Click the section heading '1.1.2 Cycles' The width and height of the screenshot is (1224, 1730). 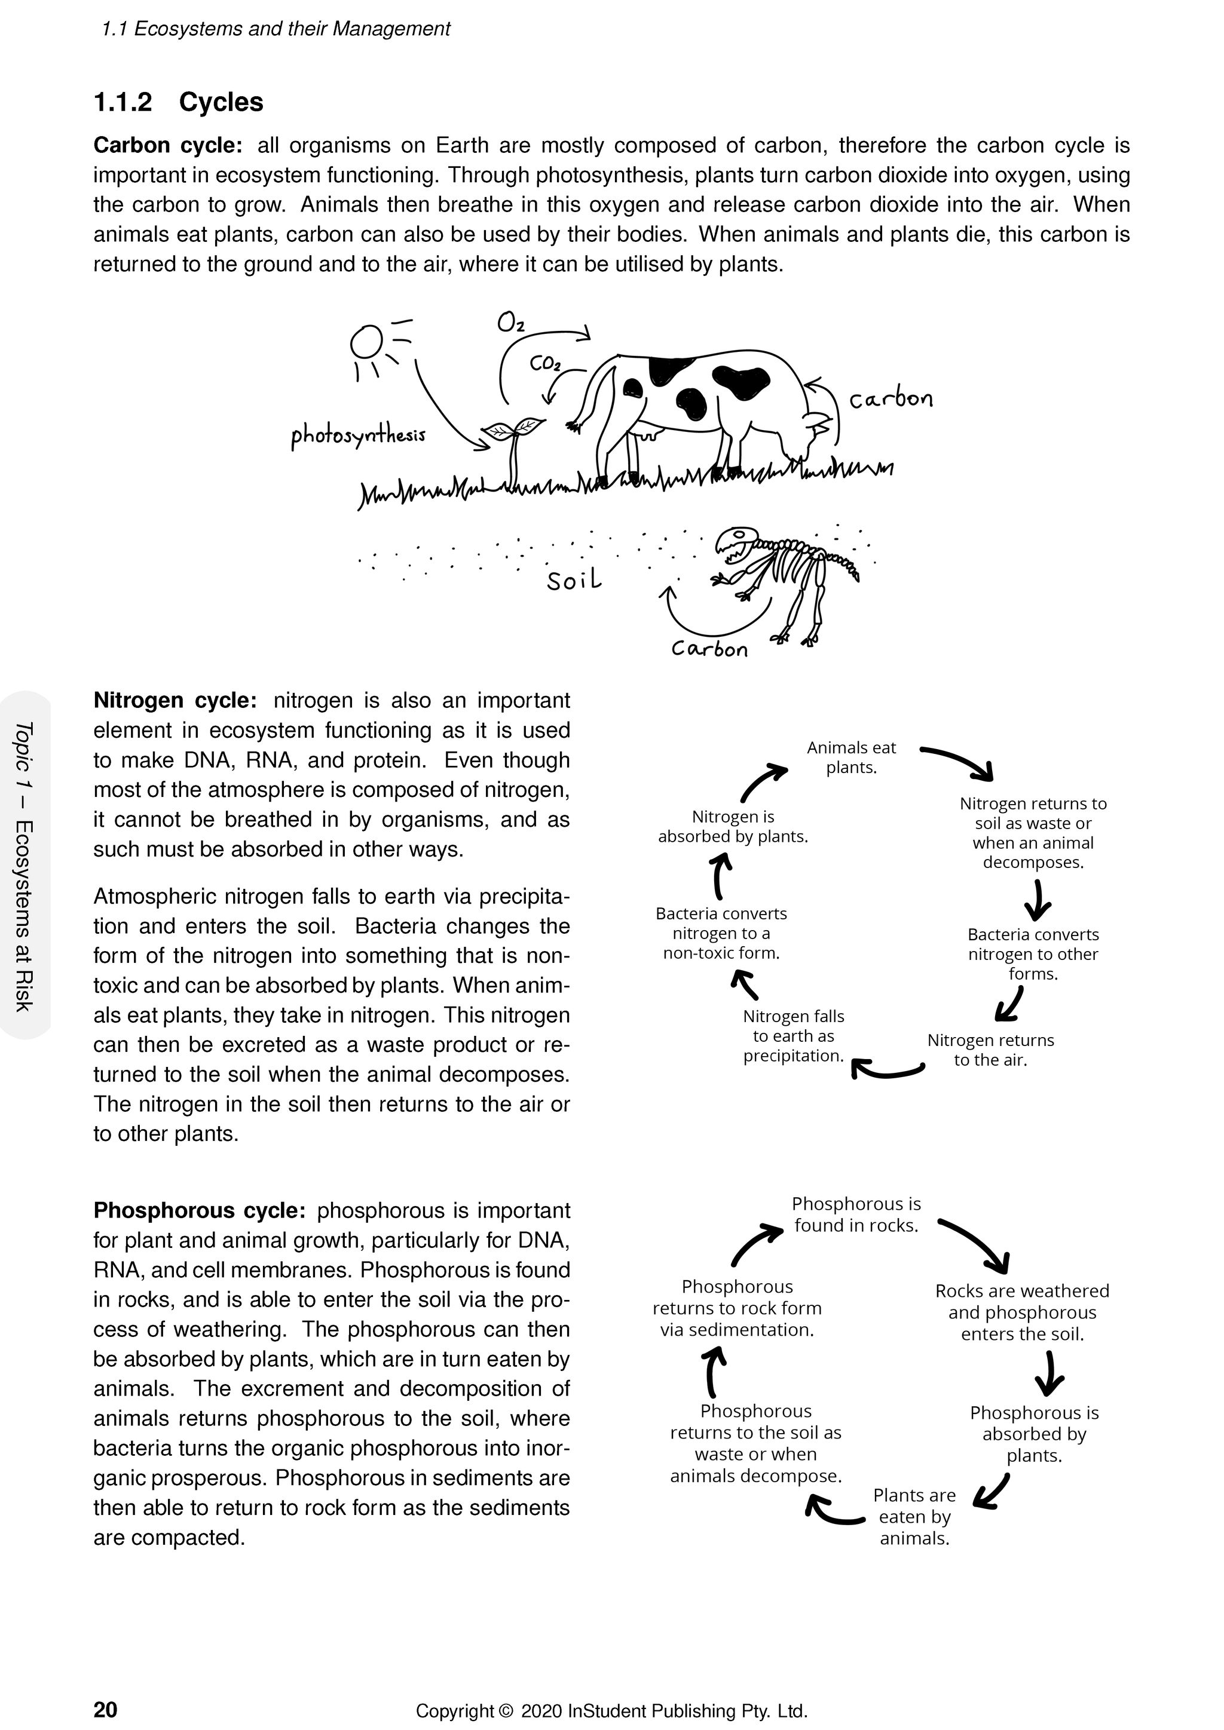coord(178,103)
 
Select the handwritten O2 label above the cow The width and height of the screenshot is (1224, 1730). coord(510,323)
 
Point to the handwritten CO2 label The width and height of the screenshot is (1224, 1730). coord(545,364)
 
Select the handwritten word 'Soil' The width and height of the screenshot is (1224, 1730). coord(574,580)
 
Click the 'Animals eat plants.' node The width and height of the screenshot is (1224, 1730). coord(851,757)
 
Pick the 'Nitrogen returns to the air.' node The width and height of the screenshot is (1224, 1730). coord(990,1050)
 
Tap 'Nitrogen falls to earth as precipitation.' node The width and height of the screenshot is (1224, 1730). coord(793,1036)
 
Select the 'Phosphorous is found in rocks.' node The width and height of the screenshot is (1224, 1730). coord(856,1214)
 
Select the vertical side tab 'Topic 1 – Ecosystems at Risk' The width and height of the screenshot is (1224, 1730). coord(24,867)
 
